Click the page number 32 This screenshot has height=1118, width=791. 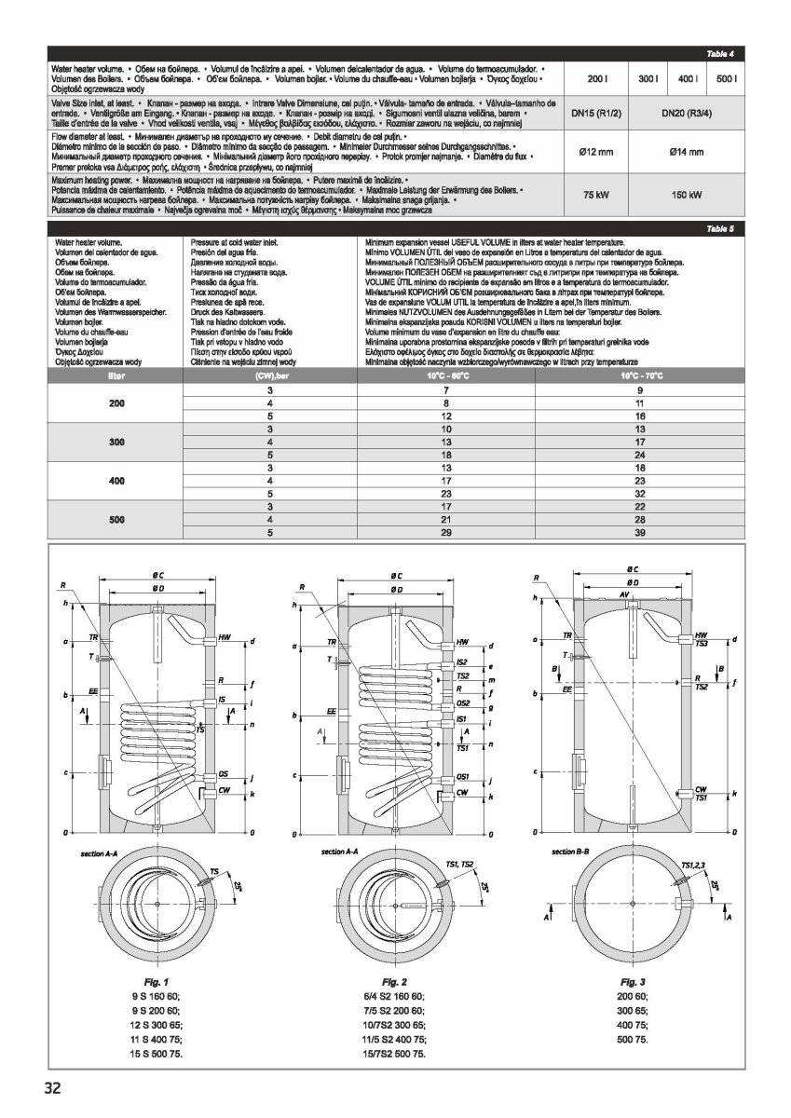51,1086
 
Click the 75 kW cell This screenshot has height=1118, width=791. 595,195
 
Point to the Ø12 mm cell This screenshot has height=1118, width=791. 595,152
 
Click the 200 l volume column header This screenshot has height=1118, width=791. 595,79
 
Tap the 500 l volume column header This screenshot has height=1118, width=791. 727,79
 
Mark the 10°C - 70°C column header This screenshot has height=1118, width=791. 639,375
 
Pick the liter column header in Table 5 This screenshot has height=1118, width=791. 116,375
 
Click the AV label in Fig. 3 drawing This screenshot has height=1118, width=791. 623,593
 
